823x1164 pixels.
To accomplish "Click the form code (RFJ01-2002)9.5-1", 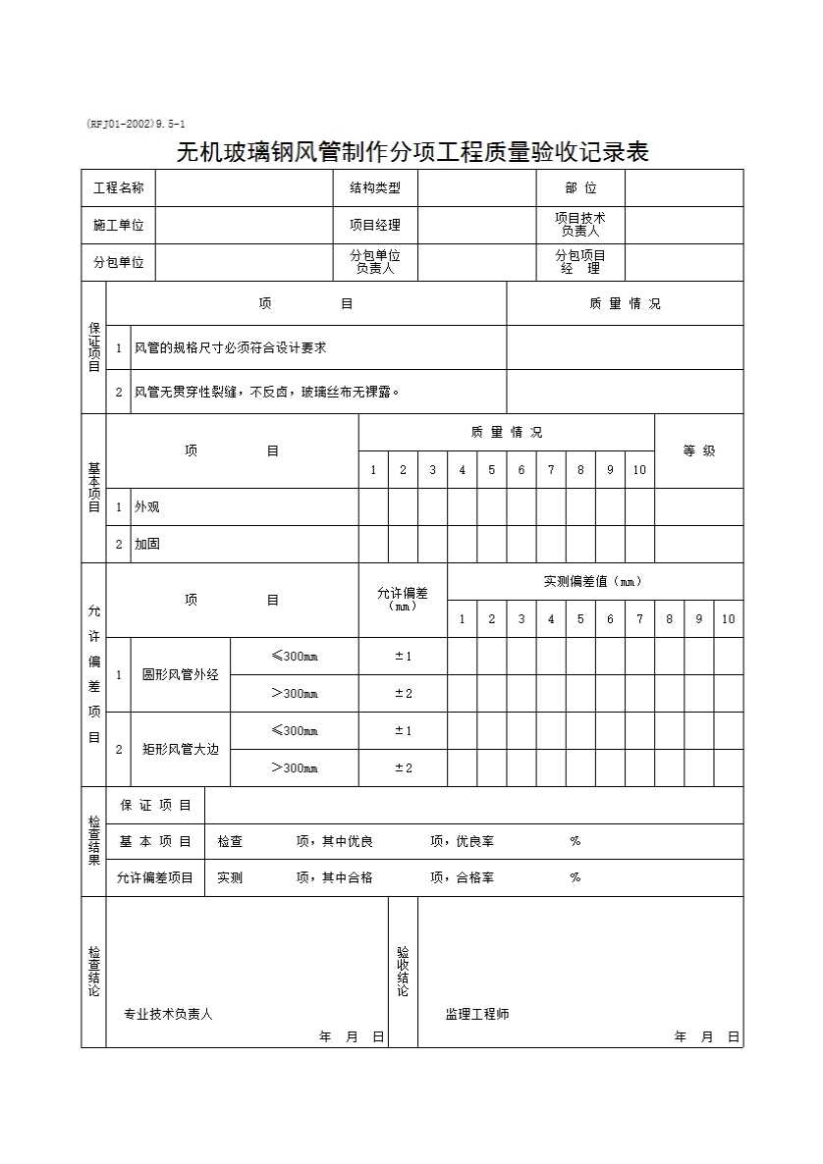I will [136, 125].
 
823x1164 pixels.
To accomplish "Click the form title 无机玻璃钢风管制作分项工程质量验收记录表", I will [411, 152].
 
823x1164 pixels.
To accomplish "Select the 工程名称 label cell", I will [118, 187].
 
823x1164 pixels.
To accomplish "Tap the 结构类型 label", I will [374, 187].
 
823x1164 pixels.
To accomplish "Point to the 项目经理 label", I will [374, 225].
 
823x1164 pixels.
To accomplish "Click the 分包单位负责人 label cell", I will [374, 262].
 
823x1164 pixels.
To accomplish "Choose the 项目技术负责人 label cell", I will [579, 225].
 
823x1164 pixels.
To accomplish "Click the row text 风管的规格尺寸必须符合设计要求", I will [230, 347].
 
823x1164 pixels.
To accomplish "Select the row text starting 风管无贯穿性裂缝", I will [266, 392].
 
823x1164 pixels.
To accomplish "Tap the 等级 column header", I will [698, 450].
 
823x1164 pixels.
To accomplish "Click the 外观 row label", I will [147, 506].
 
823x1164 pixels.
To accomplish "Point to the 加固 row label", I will [147, 544].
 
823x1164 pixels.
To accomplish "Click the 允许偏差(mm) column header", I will [403, 599].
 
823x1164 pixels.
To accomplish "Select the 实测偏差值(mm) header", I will [593, 581].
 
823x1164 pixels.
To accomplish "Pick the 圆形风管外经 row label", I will [181, 674].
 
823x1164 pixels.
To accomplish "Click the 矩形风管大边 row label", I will [181, 749].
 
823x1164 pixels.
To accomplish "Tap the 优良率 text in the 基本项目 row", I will [475, 841].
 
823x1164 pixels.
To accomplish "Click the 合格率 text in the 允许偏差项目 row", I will [475, 877].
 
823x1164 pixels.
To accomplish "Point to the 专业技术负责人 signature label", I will [168, 1014].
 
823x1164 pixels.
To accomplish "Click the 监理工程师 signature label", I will [477, 1014].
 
